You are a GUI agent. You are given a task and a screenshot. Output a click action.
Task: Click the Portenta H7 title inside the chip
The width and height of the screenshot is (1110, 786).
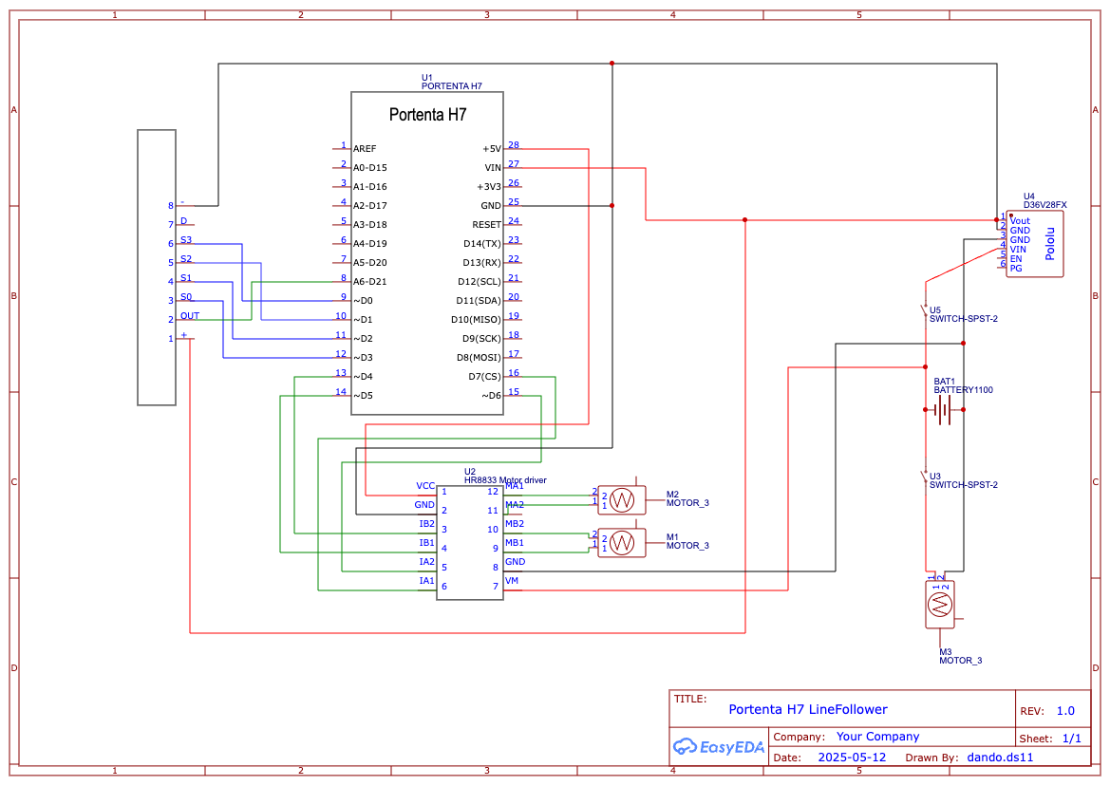pos(427,115)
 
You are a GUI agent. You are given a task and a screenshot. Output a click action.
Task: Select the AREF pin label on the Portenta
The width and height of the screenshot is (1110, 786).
pos(364,149)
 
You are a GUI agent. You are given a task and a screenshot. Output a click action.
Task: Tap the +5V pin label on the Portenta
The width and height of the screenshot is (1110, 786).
pos(491,149)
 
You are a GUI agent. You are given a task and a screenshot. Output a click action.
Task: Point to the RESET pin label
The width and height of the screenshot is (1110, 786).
pos(486,225)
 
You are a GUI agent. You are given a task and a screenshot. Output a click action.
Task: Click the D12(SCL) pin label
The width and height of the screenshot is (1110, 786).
pos(479,282)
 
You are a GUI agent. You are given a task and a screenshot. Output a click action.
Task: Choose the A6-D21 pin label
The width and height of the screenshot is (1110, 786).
pos(369,282)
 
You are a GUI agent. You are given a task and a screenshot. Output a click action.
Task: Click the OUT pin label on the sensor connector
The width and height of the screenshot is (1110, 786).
pos(190,316)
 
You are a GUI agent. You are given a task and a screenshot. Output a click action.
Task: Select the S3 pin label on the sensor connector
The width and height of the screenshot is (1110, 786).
pos(186,240)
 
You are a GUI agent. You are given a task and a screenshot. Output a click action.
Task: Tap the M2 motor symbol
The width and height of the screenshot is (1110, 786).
pos(622,499)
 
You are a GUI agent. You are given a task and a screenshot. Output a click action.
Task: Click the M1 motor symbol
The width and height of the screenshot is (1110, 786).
pos(622,542)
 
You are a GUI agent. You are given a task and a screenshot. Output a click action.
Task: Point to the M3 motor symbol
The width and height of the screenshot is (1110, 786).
pos(939,603)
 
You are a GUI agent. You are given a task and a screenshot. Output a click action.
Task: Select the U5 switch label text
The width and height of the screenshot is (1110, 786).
pos(963,314)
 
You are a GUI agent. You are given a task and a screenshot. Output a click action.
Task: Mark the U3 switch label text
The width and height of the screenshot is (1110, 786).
pos(963,480)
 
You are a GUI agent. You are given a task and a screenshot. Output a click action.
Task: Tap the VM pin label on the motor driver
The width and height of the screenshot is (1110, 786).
pos(512,581)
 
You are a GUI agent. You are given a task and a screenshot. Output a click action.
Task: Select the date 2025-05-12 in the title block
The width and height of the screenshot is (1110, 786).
pos(852,758)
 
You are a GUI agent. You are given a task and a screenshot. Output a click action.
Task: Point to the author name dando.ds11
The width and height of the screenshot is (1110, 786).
pos(999,758)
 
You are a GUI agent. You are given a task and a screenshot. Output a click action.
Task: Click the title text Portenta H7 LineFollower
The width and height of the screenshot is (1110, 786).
pos(807,709)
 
